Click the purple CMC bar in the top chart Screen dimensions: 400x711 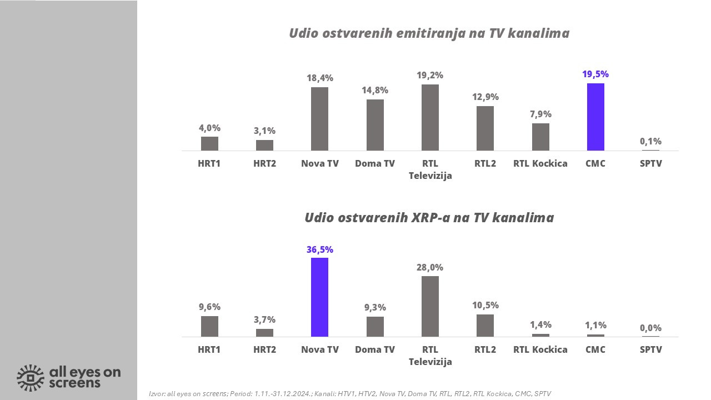(595, 117)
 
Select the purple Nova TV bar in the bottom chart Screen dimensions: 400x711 (319, 297)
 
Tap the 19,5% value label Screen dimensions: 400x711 (595, 74)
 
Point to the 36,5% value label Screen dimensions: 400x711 (319, 249)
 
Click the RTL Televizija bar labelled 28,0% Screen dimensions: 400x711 (430, 306)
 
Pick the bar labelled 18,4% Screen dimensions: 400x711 (319, 119)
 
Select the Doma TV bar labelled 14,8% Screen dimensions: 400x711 (375, 125)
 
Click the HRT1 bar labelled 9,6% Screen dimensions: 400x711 (209, 326)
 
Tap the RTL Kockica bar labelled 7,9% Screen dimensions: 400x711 (540, 137)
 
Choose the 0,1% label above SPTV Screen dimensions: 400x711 (650, 141)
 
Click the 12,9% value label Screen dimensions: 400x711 (485, 97)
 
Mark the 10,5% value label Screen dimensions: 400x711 (485, 305)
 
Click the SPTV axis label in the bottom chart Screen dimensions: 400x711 (650, 349)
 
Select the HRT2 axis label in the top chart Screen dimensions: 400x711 (264, 163)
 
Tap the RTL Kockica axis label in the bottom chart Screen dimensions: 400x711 (540, 349)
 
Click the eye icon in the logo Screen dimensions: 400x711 (31, 378)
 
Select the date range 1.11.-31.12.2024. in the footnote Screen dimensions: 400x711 (282, 393)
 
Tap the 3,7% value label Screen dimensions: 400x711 (264, 319)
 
